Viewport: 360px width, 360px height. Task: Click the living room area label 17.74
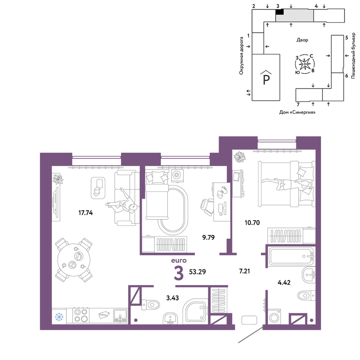pyautogui.click(x=85, y=213)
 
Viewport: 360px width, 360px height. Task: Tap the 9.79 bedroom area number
pyautogui.click(x=208, y=237)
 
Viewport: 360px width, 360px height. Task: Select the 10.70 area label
pyautogui.click(x=252, y=222)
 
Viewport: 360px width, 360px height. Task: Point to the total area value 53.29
pyautogui.click(x=197, y=272)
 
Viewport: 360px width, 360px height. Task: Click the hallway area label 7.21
pyautogui.click(x=244, y=271)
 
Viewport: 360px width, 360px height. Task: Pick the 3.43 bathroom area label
pyautogui.click(x=172, y=298)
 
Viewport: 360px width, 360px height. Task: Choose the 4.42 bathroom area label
pyautogui.click(x=284, y=282)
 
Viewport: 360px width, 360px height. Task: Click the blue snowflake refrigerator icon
pyautogui.click(x=59, y=317)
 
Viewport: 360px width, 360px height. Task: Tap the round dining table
pyautogui.click(x=74, y=260)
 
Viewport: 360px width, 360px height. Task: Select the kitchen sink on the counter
pyautogui.click(x=120, y=316)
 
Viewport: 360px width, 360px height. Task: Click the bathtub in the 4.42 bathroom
pyautogui.click(x=292, y=256)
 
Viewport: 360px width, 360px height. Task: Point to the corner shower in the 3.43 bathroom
pyautogui.click(x=195, y=311)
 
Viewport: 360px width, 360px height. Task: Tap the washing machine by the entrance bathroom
pyautogui.click(x=274, y=316)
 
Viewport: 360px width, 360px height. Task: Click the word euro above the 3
pyautogui.click(x=179, y=261)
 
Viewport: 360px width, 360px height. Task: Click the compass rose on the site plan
pyautogui.click(x=305, y=64)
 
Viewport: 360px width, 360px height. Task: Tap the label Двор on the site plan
pyautogui.click(x=302, y=40)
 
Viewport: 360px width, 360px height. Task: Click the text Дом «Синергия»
pyautogui.click(x=297, y=112)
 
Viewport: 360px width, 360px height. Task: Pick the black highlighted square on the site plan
pyautogui.click(x=279, y=12)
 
